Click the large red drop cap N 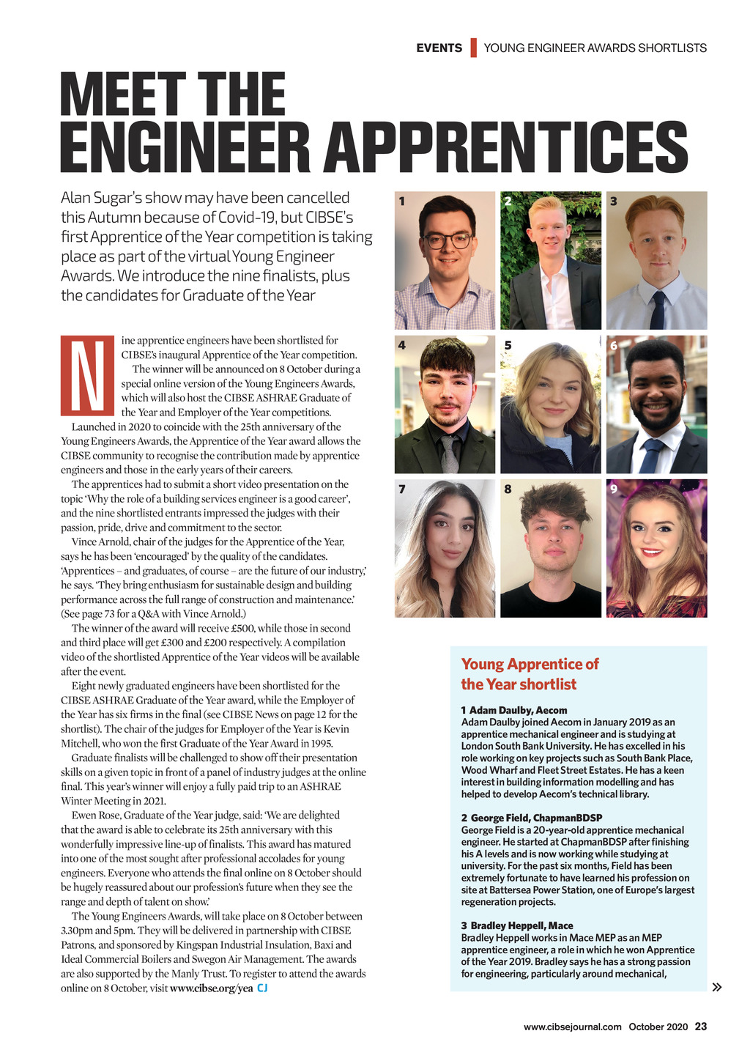coord(87,376)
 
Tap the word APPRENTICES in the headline coord(505,148)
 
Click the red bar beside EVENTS coord(473,48)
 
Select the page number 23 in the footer coord(701,1027)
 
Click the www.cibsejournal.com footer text coord(572,1027)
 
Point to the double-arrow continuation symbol coord(717,987)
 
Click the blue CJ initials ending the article coord(262,988)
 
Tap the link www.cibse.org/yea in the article coord(211,988)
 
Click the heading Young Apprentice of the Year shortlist coord(530,674)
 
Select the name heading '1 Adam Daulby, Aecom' coord(514,710)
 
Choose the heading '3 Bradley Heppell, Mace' coord(517,925)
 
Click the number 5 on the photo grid coord(508,345)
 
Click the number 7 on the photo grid coord(402,489)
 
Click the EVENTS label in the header coord(439,48)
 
